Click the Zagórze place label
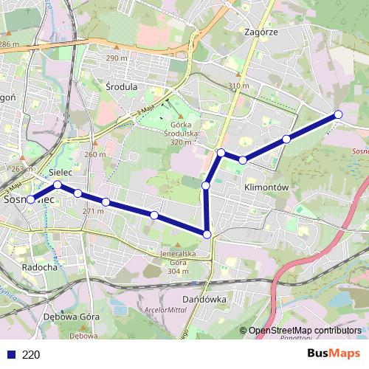[261, 32]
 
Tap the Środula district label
[122, 86]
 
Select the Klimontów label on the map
[265, 187]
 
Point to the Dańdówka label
[203, 300]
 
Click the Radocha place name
[40, 267]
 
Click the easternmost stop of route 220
[338, 114]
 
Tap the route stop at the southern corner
[207, 234]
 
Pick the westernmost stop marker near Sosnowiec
[31, 199]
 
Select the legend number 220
[31, 354]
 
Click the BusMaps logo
[334, 354]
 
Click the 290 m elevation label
[117, 58]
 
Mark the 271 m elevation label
[93, 211]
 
